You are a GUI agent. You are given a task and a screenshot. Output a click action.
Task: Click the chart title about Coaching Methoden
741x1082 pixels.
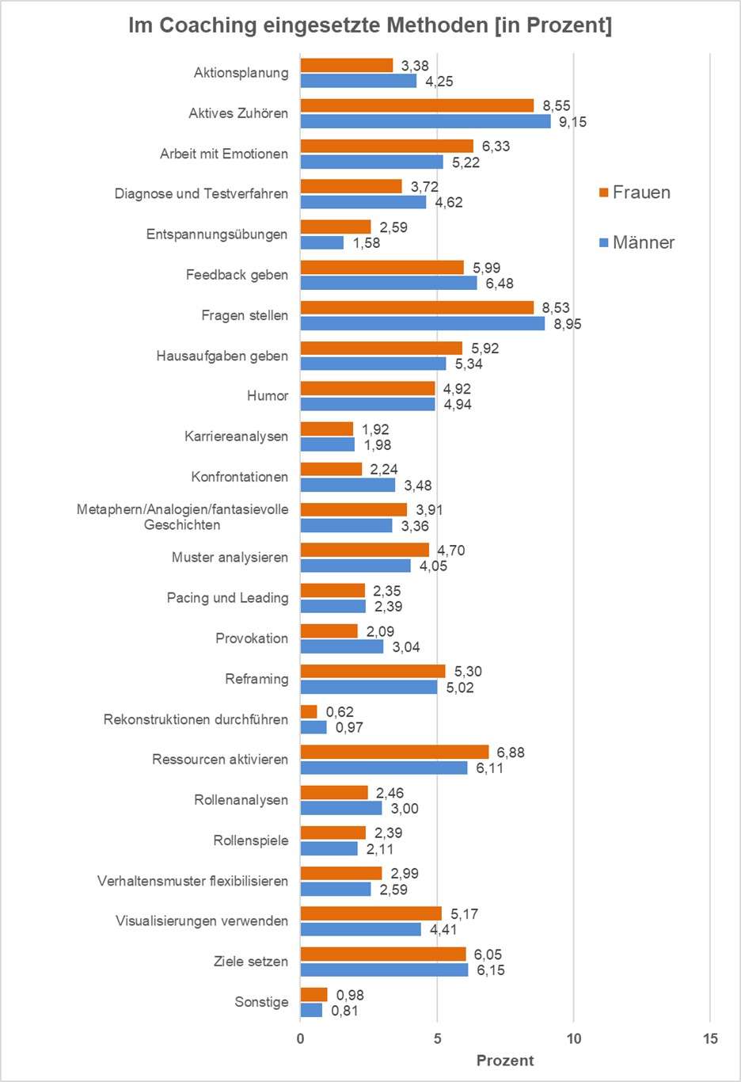click(x=370, y=26)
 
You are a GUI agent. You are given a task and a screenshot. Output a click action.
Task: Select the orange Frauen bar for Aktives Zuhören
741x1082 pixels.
click(x=417, y=105)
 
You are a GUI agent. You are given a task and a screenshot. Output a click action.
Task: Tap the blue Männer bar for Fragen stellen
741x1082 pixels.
click(x=423, y=323)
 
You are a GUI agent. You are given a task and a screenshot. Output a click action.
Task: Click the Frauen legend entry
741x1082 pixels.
click(x=635, y=192)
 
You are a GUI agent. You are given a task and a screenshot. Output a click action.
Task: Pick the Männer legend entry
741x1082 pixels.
click(x=637, y=242)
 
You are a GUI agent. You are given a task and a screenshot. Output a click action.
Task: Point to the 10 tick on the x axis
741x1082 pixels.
click(x=574, y=1038)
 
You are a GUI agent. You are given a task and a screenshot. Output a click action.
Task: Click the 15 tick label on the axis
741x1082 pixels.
click(x=710, y=1038)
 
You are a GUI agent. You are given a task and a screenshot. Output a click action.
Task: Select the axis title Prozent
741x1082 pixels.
click(x=505, y=1061)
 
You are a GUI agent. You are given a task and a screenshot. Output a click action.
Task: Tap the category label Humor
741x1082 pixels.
click(x=268, y=396)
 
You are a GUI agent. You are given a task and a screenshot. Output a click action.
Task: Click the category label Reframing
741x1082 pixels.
click(x=256, y=679)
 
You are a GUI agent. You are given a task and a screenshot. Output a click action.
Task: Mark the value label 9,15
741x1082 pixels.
click(x=572, y=122)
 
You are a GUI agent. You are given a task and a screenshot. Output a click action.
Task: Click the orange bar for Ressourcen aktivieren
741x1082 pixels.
click(x=394, y=752)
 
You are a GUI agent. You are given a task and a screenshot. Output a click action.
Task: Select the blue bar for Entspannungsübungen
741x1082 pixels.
click(x=322, y=242)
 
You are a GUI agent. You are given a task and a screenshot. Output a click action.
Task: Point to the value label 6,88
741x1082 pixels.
click(x=511, y=752)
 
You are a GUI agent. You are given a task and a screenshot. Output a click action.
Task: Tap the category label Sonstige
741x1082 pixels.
click(x=261, y=1002)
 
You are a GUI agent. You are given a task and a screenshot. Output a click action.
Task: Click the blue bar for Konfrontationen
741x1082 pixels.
click(x=348, y=485)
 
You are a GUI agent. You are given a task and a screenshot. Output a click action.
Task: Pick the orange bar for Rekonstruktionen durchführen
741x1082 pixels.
click(x=309, y=711)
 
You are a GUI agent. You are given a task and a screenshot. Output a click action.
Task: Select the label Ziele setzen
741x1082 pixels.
click(x=251, y=962)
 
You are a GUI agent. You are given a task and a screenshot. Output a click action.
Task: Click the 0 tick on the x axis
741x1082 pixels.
click(x=301, y=1038)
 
